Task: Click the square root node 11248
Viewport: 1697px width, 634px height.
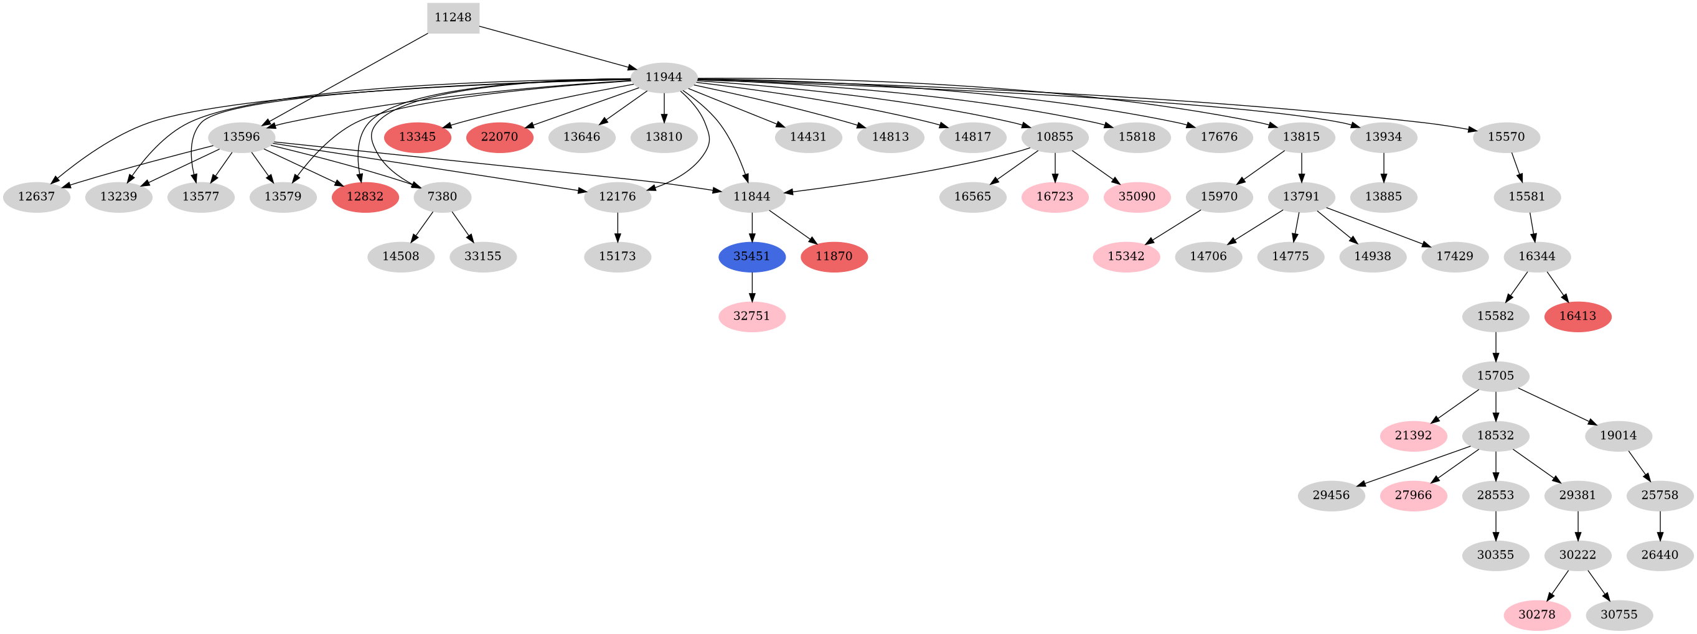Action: click(x=453, y=18)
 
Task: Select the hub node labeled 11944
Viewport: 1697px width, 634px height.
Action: click(x=664, y=78)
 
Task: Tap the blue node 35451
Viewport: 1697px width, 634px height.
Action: click(x=751, y=256)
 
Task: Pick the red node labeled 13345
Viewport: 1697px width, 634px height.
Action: click(x=418, y=137)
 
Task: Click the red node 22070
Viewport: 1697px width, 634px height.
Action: click(x=499, y=137)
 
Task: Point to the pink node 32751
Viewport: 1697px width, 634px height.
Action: click(x=751, y=316)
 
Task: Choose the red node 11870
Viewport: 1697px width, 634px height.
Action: click(x=834, y=256)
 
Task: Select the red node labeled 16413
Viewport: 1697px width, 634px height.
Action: click(x=1577, y=316)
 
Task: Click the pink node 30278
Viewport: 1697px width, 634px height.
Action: click(x=1537, y=615)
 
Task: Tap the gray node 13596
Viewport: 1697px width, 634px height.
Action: click(x=241, y=137)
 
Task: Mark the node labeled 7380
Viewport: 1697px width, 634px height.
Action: click(x=442, y=197)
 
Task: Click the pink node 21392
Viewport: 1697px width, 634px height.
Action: click(x=1413, y=436)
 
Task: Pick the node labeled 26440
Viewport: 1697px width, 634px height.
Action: click(x=1660, y=555)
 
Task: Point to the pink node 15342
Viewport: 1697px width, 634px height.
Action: click(x=1126, y=256)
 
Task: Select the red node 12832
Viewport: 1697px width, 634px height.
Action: click(x=365, y=197)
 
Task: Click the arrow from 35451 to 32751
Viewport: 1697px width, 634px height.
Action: click(x=751, y=286)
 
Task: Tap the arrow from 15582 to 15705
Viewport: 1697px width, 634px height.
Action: click(x=1496, y=347)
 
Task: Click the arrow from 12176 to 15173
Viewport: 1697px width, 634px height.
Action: click(x=618, y=226)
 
